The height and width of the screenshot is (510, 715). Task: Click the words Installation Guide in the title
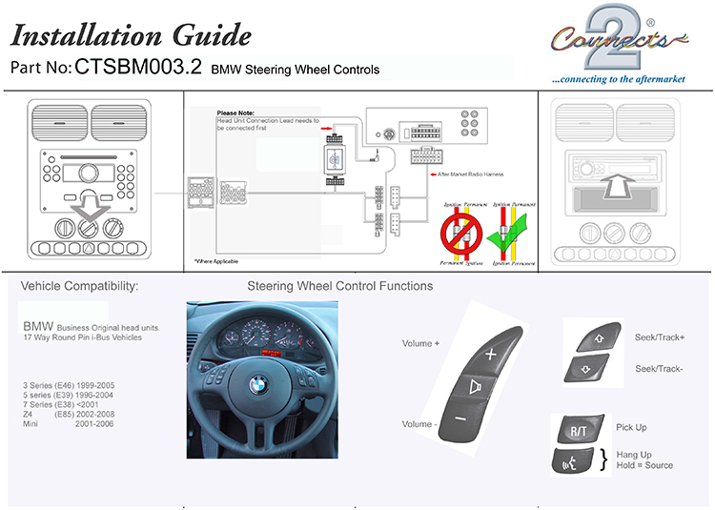pyautogui.click(x=131, y=35)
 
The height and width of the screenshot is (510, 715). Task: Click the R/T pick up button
pyautogui.click(x=578, y=430)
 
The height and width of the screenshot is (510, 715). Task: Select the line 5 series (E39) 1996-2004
pyautogui.click(x=69, y=395)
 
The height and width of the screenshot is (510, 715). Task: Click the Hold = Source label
pyautogui.click(x=644, y=465)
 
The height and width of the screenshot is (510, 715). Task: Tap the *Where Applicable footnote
pyautogui.click(x=216, y=261)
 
